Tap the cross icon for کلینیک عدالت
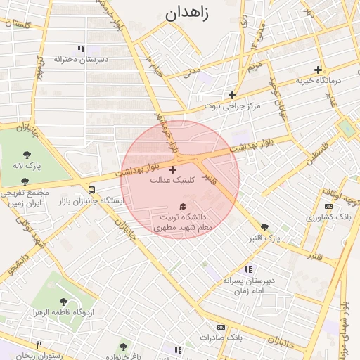tap(173, 169)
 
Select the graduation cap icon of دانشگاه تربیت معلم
tap(184, 207)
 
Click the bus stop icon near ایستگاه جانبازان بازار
tap(92, 190)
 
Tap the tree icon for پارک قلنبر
tap(264, 226)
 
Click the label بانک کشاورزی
tap(329, 217)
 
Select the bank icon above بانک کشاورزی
tap(329, 206)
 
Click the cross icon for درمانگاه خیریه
tap(318, 70)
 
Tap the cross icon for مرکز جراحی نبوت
tap(232, 95)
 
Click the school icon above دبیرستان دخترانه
tap(81, 49)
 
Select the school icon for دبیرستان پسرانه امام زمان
tap(247, 269)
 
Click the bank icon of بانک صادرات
tap(221, 327)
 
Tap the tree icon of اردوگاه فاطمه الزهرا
tap(64, 302)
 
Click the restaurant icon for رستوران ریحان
tap(39, 345)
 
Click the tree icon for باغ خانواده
tap(124, 347)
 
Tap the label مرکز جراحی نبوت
tap(233, 106)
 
